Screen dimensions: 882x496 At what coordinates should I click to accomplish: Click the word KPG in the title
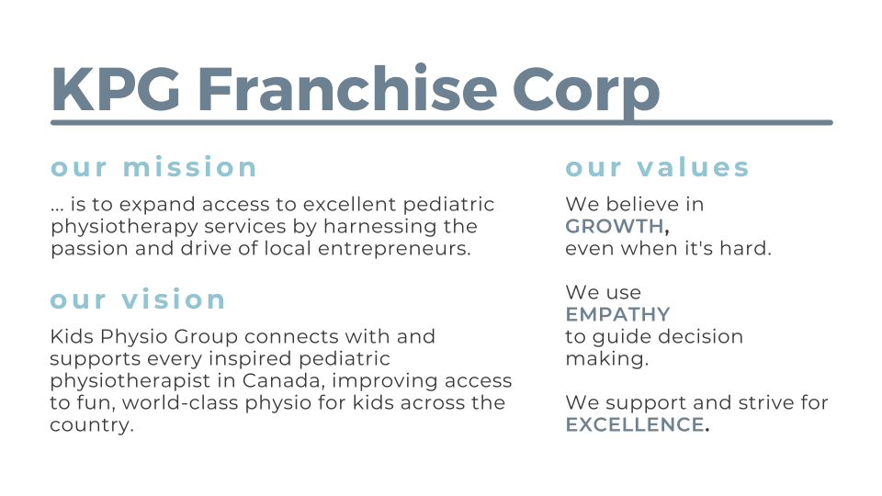point(116,90)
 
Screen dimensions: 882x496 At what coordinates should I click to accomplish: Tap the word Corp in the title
point(586,94)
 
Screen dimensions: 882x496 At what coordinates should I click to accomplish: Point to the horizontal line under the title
point(442,122)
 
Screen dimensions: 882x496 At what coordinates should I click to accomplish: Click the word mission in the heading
point(190,167)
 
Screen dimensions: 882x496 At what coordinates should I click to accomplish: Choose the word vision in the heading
point(174,299)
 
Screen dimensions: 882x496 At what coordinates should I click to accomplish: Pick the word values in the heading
point(693,167)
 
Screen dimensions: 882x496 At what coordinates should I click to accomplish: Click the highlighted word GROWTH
point(615,226)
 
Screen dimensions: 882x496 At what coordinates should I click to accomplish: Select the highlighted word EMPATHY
point(617,314)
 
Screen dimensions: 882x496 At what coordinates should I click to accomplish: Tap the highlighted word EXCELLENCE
point(635,424)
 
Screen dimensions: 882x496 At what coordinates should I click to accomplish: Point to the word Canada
point(284,380)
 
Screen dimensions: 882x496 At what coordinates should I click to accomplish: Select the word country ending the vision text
point(91,425)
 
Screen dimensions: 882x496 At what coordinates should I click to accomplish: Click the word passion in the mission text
point(89,249)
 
